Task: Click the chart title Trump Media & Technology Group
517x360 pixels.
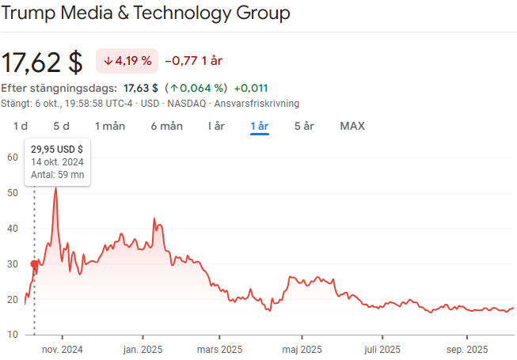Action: [146, 13]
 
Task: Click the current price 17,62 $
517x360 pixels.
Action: [42, 62]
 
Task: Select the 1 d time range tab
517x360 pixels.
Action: [21, 126]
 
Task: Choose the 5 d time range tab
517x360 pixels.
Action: [61, 126]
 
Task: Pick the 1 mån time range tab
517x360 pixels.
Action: [110, 126]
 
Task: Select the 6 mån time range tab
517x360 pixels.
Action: [167, 126]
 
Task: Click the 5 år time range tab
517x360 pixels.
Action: [304, 126]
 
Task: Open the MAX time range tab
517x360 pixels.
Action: [352, 126]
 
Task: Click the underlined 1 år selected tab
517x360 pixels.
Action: [260, 126]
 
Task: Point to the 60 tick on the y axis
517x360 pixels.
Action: [12, 157]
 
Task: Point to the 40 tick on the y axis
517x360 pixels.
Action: [12, 228]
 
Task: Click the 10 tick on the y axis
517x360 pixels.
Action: [12, 335]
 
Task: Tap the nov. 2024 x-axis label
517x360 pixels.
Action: [62, 349]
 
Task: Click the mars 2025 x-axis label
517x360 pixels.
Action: [219, 349]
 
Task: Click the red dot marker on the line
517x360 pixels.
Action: [34, 264]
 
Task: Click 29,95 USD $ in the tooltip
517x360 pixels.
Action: [57, 148]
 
